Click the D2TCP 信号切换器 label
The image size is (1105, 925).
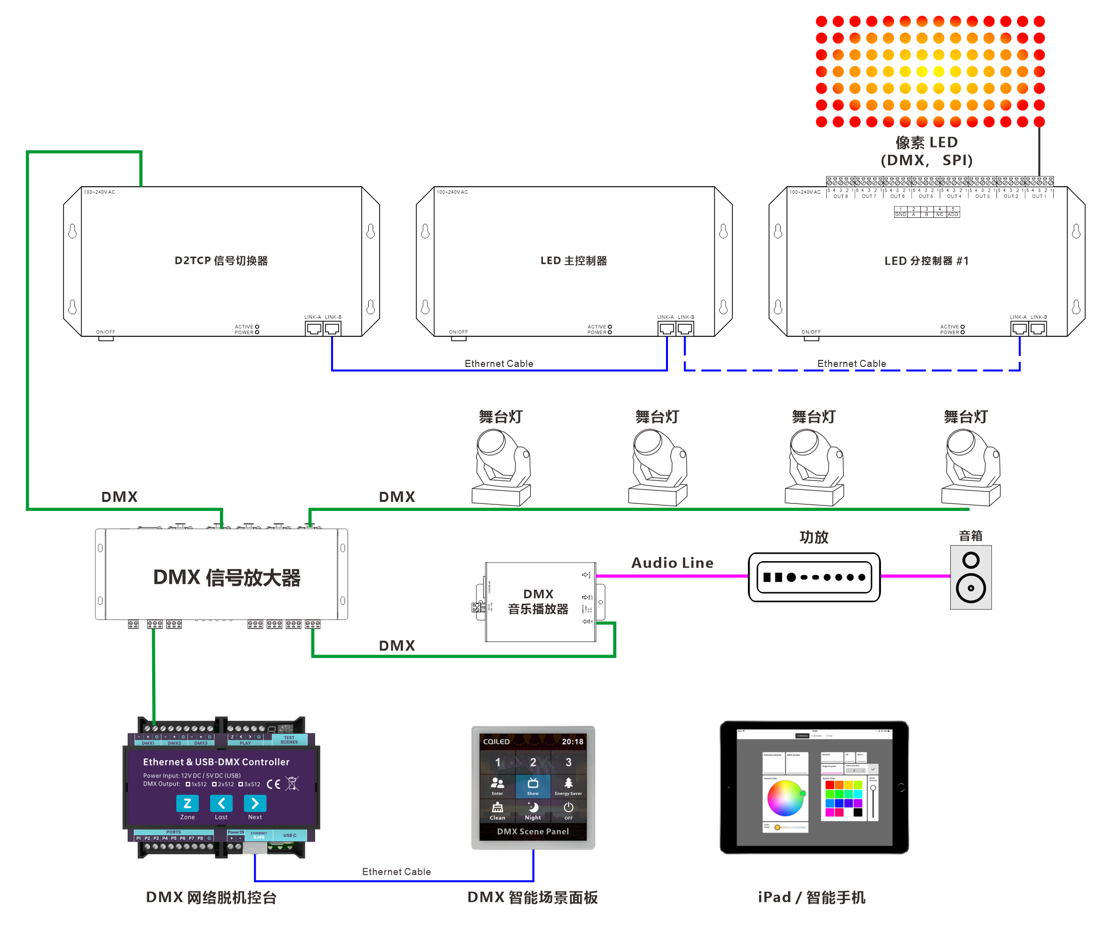point(221,261)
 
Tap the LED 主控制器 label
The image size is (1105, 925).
point(574,261)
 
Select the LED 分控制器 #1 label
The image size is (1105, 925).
point(926,261)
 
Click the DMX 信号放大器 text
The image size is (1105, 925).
point(226,577)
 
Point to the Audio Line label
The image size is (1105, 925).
point(672,563)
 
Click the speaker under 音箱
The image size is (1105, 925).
point(971,577)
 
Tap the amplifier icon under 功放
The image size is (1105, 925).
point(814,577)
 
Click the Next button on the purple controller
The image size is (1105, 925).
point(255,804)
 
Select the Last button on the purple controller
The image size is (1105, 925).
point(221,804)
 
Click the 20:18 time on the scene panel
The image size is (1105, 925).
point(573,741)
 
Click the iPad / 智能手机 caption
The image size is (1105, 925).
point(811,897)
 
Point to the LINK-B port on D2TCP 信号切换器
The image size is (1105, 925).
point(332,329)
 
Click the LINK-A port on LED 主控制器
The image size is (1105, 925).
point(667,329)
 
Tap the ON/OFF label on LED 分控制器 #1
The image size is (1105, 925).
point(811,332)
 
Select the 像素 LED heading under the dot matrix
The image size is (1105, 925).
point(927,143)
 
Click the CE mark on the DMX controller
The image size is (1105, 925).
point(273,784)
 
